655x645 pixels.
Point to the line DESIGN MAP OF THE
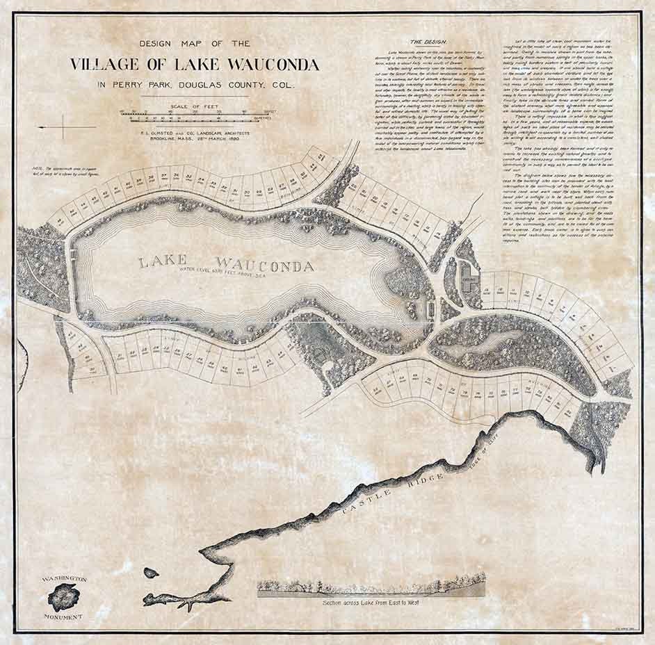195,43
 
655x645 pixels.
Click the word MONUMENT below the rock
63,616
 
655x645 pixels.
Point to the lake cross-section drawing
371,587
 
